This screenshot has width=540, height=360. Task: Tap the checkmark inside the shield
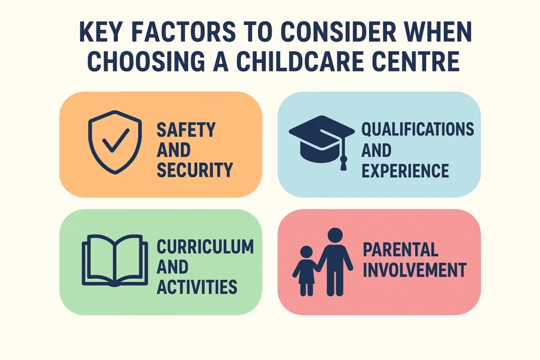tap(114, 140)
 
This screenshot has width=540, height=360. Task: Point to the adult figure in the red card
tap(335, 261)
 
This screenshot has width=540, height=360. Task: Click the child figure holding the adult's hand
tap(305, 271)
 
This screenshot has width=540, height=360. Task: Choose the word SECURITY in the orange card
tap(195, 170)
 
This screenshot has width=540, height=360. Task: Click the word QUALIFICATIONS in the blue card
tap(417, 130)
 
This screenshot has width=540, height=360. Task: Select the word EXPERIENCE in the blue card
tap(405, 170)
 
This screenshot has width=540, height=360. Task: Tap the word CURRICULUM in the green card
tap(205, 246)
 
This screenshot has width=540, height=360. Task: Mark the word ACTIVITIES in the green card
tap(197, 287)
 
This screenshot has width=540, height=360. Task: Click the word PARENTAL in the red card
tap(401, 249)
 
